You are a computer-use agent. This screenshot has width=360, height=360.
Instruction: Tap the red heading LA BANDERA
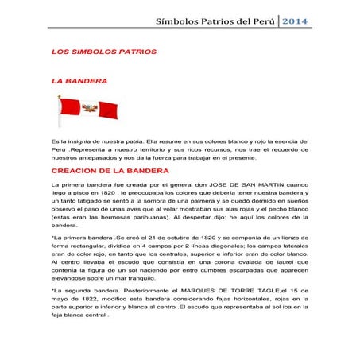pos(80,81)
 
